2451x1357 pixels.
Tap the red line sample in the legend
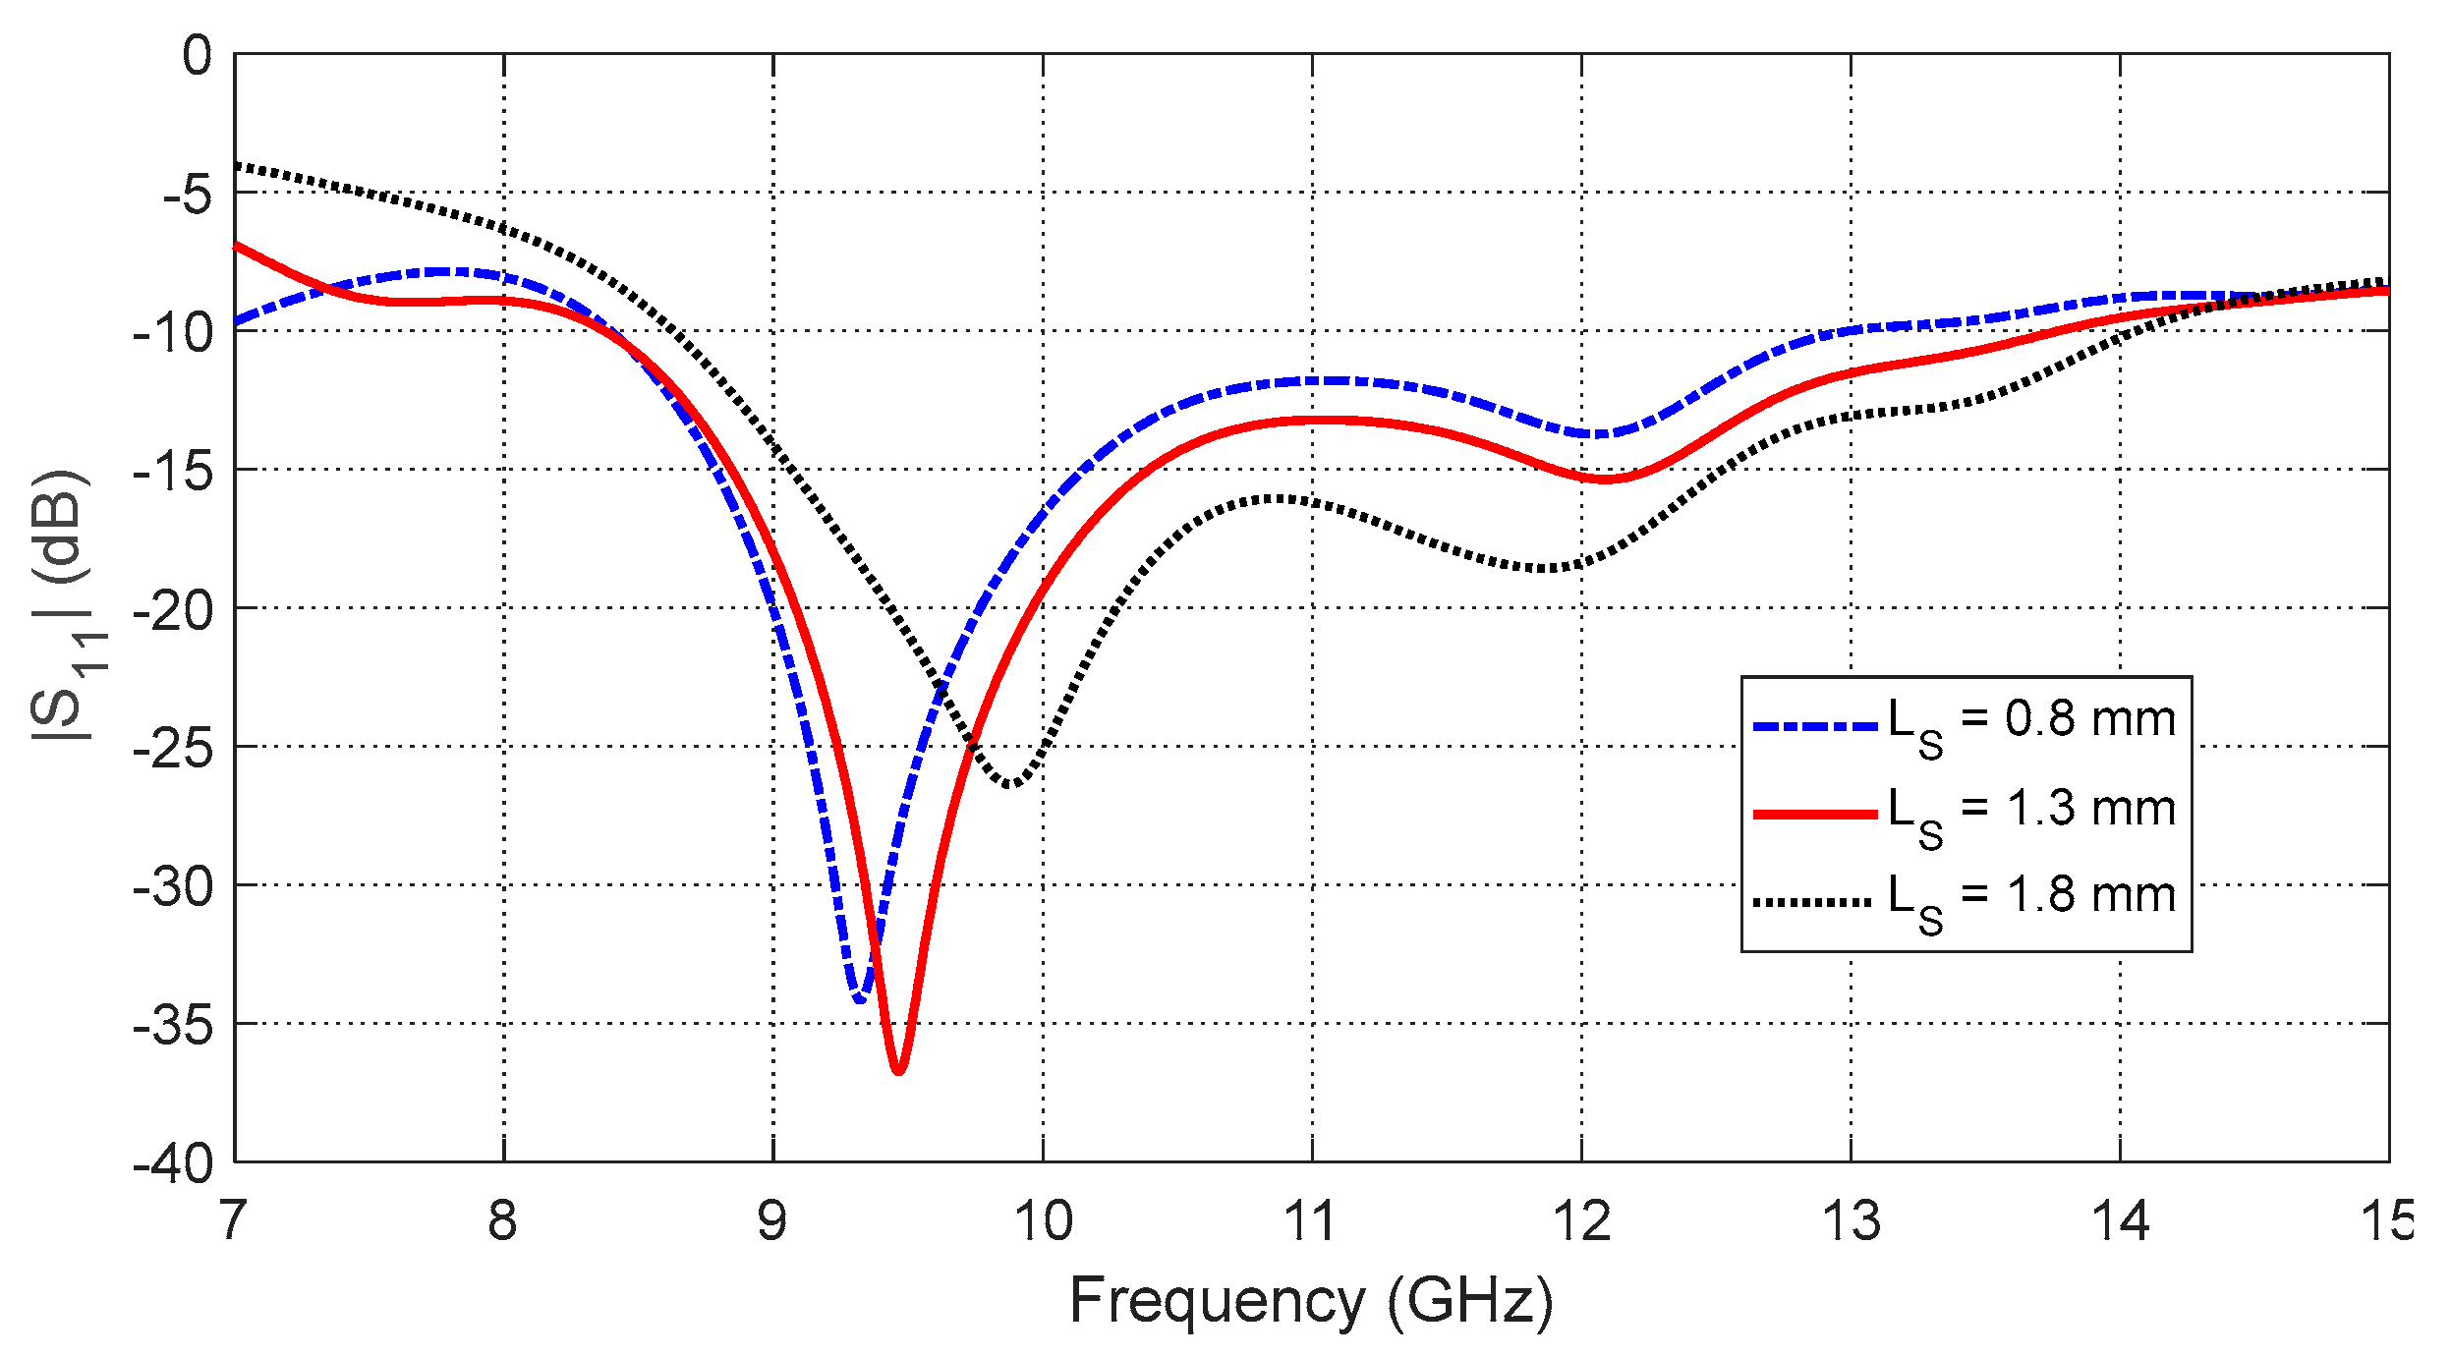click(x=1815, y=814)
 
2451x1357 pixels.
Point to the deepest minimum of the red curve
click(x=898, y=1071)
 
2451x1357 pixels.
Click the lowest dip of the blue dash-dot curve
click(x=860, y=999)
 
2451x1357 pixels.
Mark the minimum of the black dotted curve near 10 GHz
click(x=1010, y=784)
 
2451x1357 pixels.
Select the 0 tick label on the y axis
click(x=197, y=56)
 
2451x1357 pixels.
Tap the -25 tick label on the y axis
click(x=173, y=749)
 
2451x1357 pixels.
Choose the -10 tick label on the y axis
click(x=173, y=333)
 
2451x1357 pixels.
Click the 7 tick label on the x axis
click(x=233, y=1220)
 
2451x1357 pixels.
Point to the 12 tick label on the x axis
click(x=1581, y=1220)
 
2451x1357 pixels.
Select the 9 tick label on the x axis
click(x=772, y=1220)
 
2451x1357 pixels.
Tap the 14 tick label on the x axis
click(x=2120, y=1220)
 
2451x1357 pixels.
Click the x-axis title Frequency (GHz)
click(x=1311, y=1301)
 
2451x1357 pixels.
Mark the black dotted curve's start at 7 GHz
click(x=237, y=165)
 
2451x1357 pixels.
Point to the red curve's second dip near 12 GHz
click(x=1605, y=480)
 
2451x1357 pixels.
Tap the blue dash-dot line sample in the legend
click(x=1815, y=727)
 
